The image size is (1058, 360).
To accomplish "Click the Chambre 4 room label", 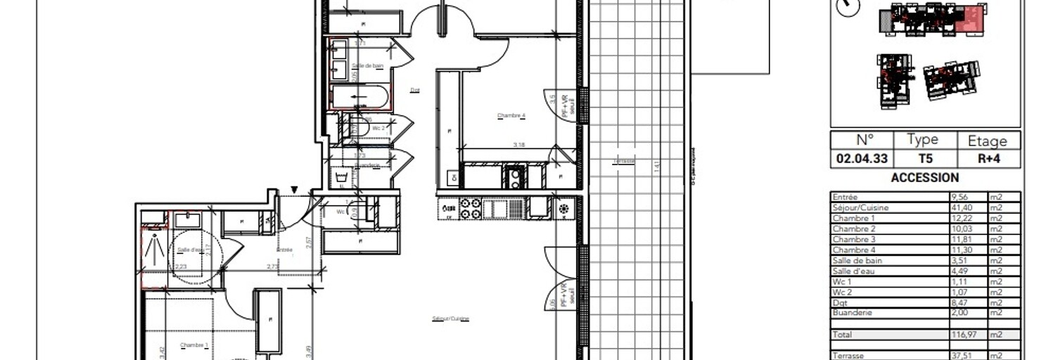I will click(511, 115).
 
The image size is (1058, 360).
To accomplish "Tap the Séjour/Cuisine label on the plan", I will click(451, 319).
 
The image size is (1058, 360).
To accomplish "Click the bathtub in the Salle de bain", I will click(360, 97).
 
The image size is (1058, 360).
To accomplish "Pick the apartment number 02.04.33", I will click(862, 159).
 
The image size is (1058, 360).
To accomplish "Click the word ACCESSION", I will click(924, 178).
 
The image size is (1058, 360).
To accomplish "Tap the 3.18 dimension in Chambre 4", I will click(519, 145).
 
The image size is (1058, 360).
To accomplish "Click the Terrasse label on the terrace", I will click(624, 161).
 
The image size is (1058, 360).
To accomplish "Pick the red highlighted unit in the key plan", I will click(973, 18).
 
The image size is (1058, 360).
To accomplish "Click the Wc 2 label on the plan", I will click(378, 128).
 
